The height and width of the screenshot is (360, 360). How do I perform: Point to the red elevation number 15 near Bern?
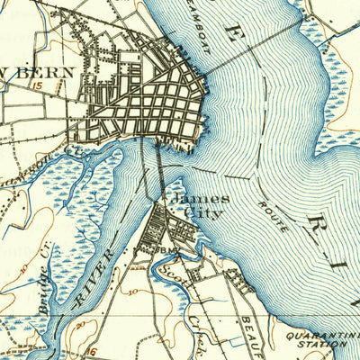click(38, 87)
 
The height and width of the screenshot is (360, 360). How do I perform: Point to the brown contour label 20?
click(83, 323)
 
